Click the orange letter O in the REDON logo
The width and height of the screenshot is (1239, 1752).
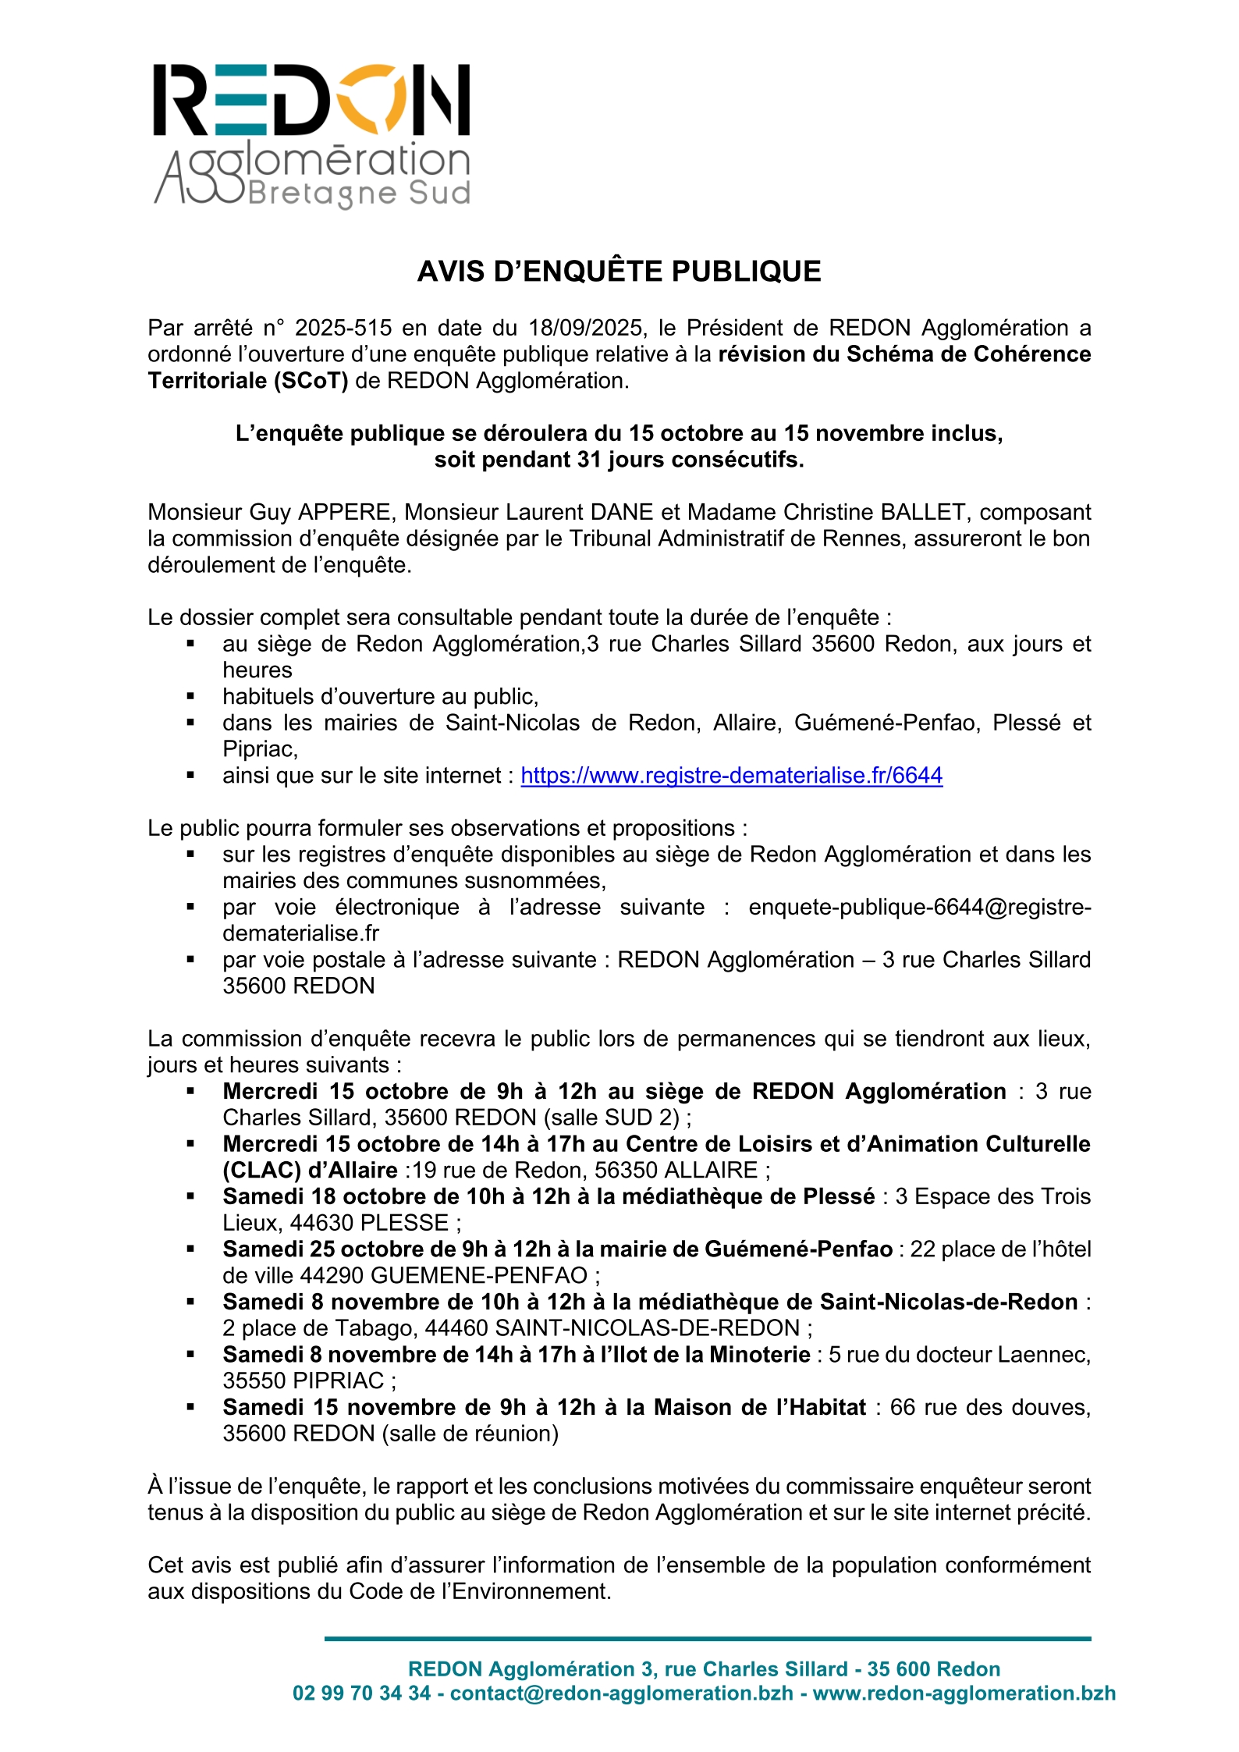coord(378,99)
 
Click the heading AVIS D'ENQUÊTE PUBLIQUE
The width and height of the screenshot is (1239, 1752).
coord(619,272)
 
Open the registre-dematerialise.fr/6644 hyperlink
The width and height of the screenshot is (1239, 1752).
coord(731,776)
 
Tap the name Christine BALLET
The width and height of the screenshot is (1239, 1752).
coord(874,513)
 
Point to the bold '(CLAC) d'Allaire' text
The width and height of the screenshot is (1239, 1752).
coord(311,1171)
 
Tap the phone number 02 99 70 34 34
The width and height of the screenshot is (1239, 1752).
coord(361,1693)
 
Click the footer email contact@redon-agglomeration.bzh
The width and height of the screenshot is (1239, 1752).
coord(621,1693)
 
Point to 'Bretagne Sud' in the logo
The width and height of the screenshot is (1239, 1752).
coord(360,194)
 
